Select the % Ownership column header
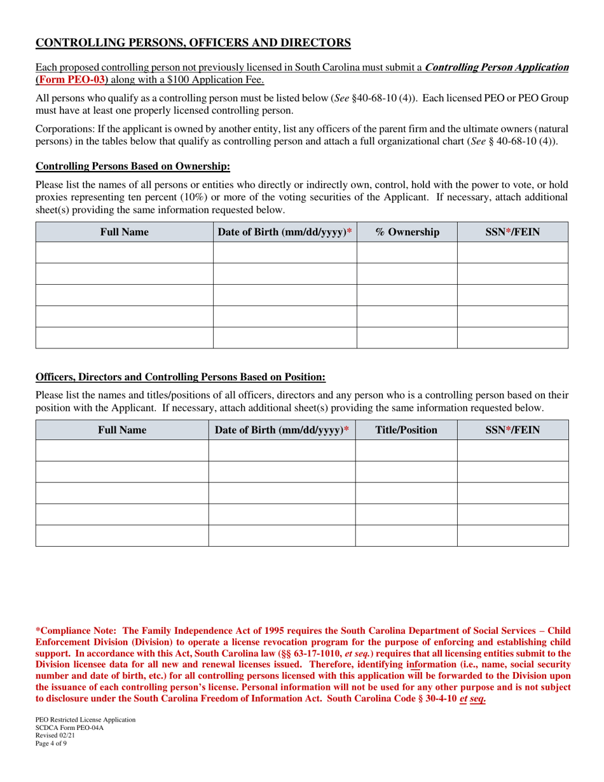tap(407, 232)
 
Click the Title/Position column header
tap(406, 430)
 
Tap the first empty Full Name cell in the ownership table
tap(124, 252)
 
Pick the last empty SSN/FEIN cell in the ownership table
tap(512, 338)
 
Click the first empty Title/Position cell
tap(406, 450)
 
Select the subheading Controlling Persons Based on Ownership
tap(132, 167)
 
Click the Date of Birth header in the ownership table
tap(284, 232)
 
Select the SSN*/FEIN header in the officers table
tap(512, 430)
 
